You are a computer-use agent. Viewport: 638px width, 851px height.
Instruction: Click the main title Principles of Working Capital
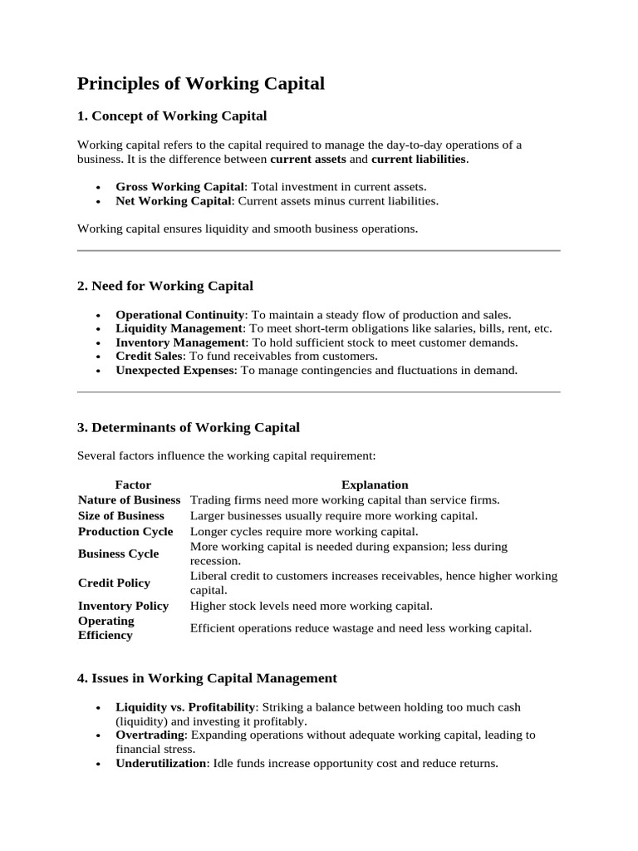pyautogui.click(x=201, y=84)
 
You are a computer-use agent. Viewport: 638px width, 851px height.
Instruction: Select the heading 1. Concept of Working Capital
pyautogui.click(x=172, y=116)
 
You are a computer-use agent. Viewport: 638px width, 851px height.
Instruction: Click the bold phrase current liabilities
pyautogui.click(x=419, y=158)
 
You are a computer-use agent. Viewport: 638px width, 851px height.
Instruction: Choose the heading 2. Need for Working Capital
pyautogui.click(x=165, y=286)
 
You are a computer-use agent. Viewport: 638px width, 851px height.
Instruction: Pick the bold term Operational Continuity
pyautogui.click(x=180, y=315)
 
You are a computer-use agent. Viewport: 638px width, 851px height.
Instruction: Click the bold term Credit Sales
pyautogui.click(x=150, y=356)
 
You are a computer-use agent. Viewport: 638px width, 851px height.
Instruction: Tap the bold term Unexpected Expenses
pyautogui.click(x=174, y=370)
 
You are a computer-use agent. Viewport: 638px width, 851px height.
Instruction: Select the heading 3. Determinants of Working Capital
pyautogui.click(x=189, y=427)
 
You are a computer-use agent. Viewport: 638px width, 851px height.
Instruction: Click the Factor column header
pyautogui.click(x=133, y=485)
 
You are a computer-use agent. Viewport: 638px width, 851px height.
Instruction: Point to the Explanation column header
pyautogui.click(x=375, y=485)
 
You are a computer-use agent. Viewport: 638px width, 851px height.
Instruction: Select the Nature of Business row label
pyautogui.click(x=129, y=499)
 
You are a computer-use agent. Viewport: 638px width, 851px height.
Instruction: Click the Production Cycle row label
pyautogui.click(x=125, y=531)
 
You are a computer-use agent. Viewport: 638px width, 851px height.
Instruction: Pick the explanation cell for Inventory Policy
pyautogui.click(x=312, y=606)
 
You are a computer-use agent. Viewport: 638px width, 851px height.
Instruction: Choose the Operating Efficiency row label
pyautogui.click(x=106, y=628)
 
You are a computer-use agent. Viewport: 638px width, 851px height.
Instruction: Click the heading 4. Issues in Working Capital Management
pyautogui.click(x=207, y=678)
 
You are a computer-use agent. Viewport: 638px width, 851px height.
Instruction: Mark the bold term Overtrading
pyautogui.click(x=149, y=735)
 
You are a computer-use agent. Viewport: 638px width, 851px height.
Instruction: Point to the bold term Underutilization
pyautogui.click(x=161, y=762)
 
